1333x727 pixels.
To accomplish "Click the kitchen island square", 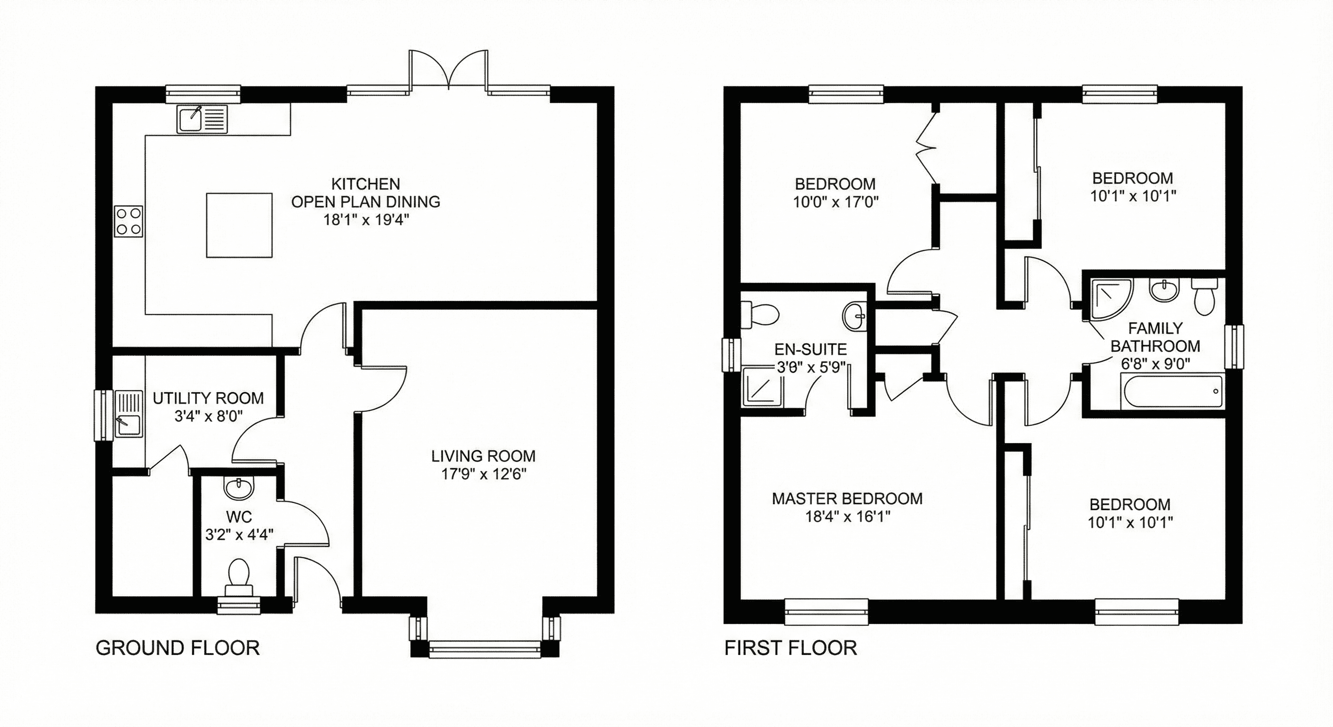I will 239,225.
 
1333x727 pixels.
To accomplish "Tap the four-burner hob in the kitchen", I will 128,222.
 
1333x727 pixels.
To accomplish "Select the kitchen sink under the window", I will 202,119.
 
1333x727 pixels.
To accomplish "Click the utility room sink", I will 128,414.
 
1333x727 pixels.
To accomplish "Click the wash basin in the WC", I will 239,487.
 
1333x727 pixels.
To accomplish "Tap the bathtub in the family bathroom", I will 1173,392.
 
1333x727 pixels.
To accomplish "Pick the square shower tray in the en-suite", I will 763,386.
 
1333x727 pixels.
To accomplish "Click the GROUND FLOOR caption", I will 178,648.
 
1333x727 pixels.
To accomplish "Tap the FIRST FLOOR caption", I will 790,648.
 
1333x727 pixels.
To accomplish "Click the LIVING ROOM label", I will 483,456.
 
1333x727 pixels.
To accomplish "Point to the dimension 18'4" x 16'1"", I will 847,516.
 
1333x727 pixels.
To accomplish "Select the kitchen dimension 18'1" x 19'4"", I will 366,220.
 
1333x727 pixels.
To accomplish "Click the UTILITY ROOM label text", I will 208,398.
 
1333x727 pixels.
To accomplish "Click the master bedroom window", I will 826,612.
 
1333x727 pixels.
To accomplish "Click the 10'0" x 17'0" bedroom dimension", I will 835,202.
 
